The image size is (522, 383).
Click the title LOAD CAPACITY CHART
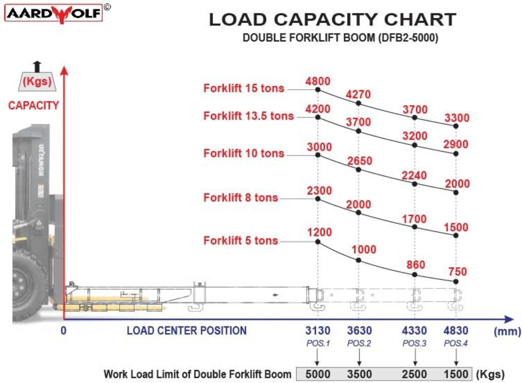(332, 19)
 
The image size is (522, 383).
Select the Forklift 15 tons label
(244, 88)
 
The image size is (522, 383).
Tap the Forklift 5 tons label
(241, 240)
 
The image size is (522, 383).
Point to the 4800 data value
(318, 81)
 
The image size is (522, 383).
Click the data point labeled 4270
(358, 103)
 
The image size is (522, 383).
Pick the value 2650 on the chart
(360, 161)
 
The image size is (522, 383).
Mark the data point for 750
(456, 282)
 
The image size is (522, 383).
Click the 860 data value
(416, 265)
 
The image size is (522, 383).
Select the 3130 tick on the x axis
(318, 330)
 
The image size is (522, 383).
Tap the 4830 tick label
(456, 330)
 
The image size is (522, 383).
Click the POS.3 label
(414, 343)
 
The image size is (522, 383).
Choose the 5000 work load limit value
(318, 374)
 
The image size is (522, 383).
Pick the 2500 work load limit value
(414, 374)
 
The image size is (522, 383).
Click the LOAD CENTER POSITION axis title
(187, 330)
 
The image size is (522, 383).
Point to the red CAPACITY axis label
(34, 105)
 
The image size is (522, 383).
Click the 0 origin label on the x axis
(64, 330)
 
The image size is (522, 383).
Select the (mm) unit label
(507, 331)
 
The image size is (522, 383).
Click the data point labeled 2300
(318, 199)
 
